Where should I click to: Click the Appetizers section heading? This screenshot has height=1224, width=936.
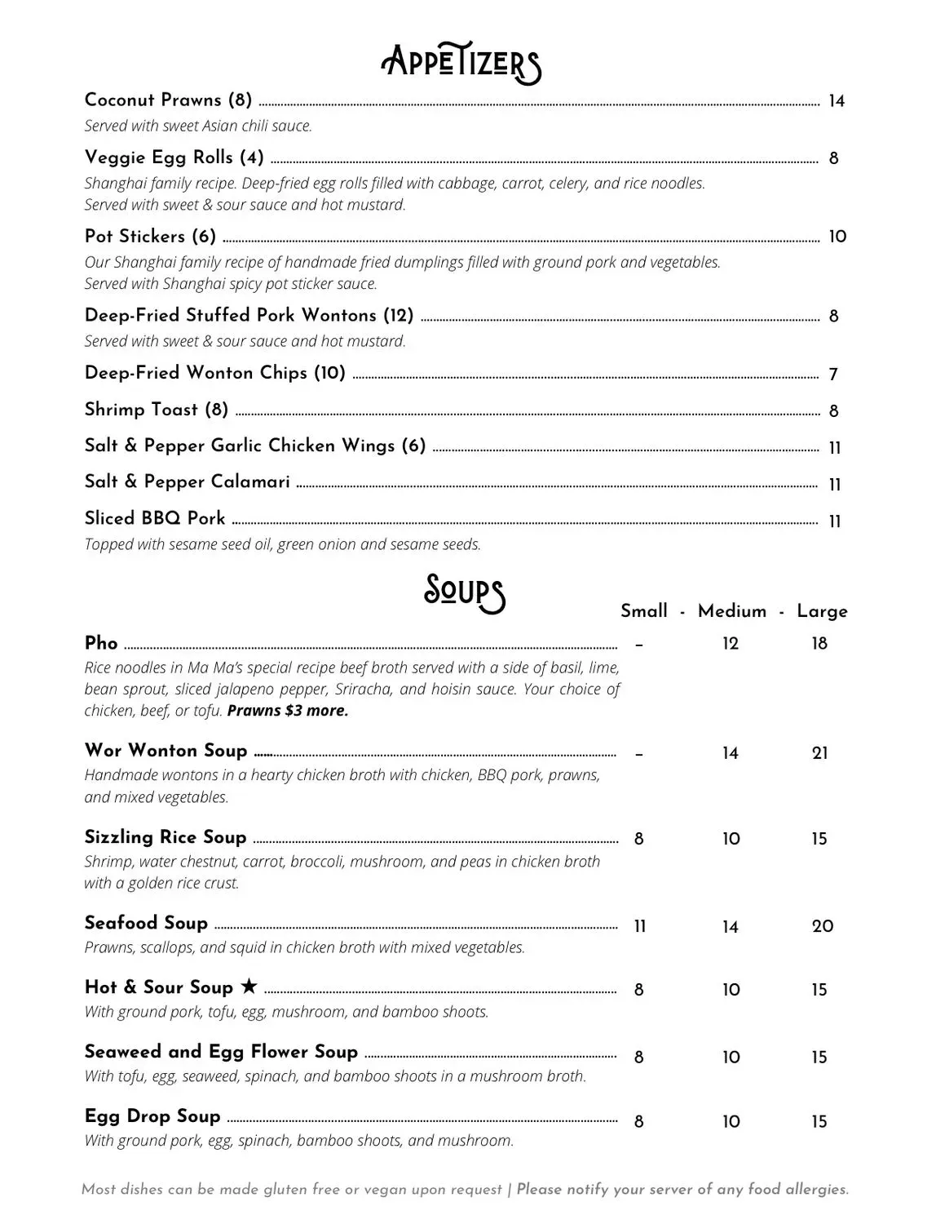coord(461,64)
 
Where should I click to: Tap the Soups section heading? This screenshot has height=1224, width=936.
coord(464,592)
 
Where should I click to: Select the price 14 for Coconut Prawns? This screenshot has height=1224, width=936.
coord(837,102)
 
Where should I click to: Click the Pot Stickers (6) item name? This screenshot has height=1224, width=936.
coord(150,237)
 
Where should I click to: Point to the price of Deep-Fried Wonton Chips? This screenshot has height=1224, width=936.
coord(833,375)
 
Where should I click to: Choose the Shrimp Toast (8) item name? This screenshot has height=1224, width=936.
coord(157,410)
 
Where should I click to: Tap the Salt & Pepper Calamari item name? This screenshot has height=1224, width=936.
coord(188,482)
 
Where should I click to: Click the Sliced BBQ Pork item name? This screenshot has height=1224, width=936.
coord(155,519)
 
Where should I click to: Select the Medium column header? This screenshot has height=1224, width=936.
coord(732,611)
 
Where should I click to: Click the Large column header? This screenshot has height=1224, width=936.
coord(822,611)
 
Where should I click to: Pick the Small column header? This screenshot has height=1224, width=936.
coord(644,611)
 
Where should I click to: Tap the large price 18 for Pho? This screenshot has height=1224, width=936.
coord(819,644)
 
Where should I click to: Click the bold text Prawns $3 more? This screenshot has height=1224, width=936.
coord(288,711)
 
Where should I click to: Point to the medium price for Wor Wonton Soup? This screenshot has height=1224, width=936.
coord(731,753)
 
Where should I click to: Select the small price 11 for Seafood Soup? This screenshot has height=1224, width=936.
coord(640,926)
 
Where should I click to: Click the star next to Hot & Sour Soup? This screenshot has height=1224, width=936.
coord(249,987)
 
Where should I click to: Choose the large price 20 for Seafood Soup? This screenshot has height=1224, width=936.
coord(823,926)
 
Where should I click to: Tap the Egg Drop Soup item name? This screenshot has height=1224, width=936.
coord(152,1116)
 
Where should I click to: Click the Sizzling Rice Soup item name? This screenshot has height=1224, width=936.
coord(166,837)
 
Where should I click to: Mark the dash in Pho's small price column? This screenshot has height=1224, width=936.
coord(639,645)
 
